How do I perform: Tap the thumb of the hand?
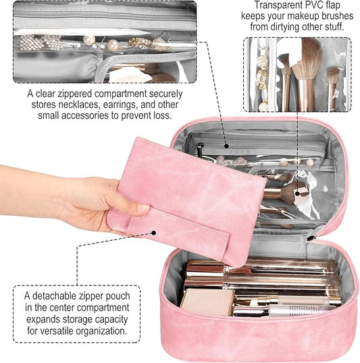pos(132,208)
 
